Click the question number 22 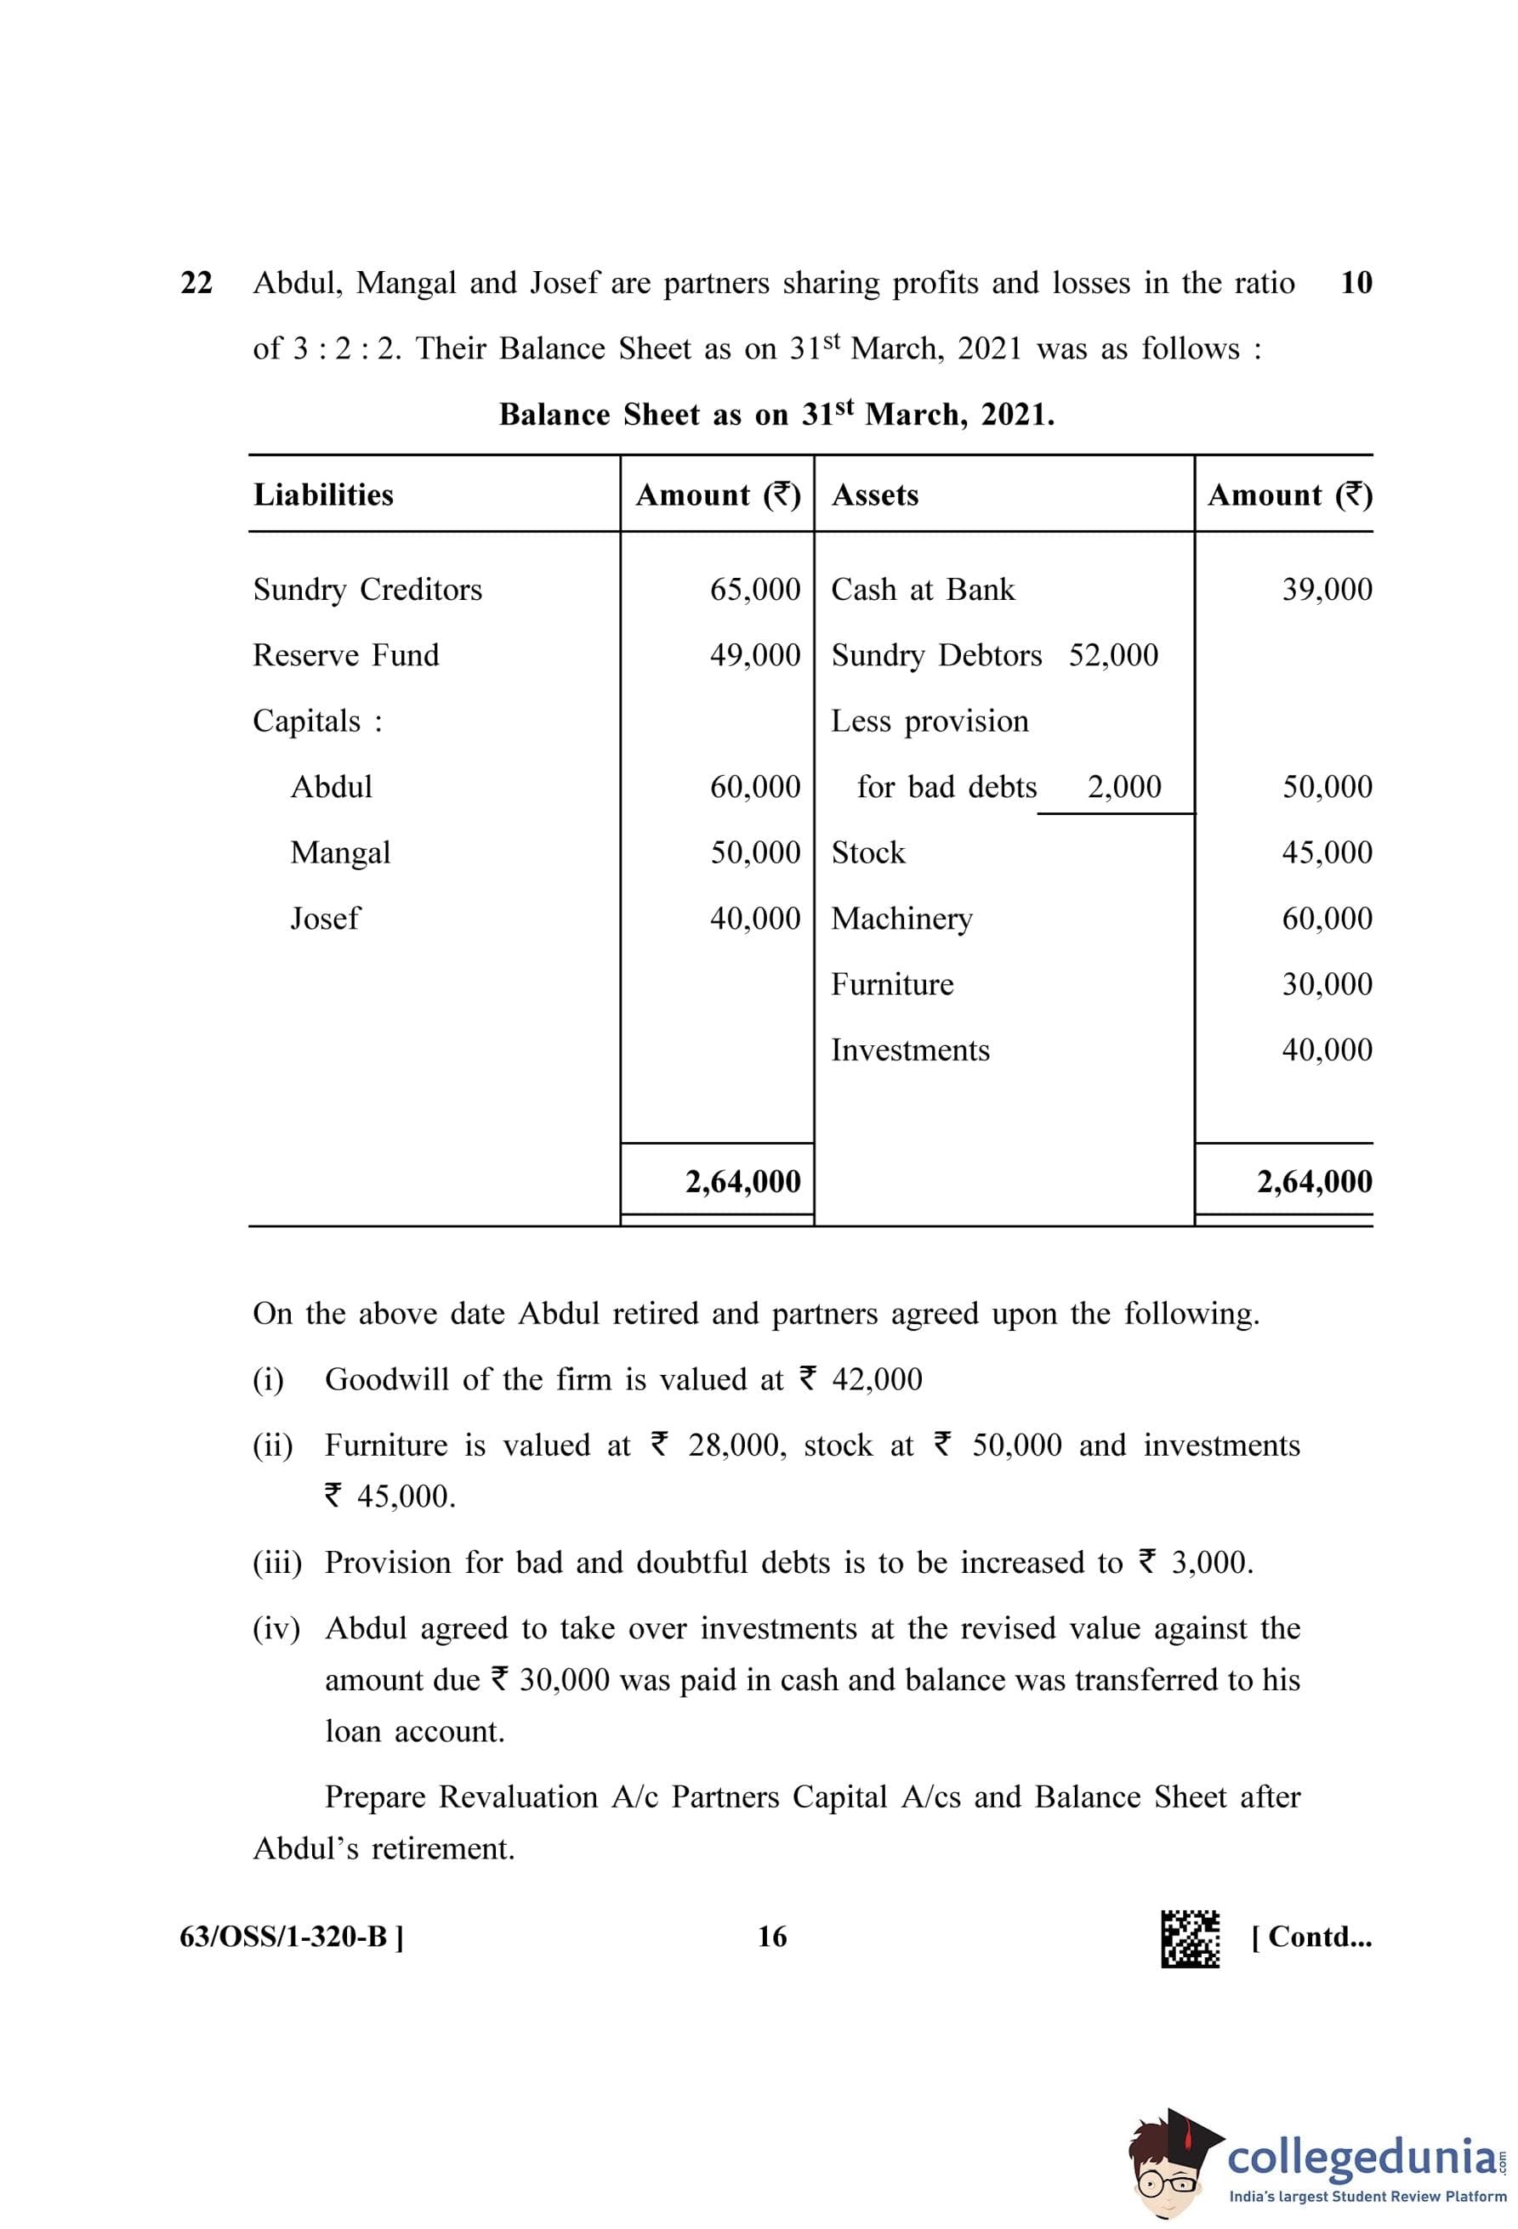(x=196, y=283)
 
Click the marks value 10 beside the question (x=1356, y=283)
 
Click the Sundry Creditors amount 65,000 (x=755, y=589)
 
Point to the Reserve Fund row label (x=345, y=655)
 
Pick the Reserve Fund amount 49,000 (x=755, y=655)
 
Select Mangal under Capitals (x=341, y=852)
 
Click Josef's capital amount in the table (x=755, y=919)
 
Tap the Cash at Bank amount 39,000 (x=1327, y=589)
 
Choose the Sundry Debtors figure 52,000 (x=1113, y=655)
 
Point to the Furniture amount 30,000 (x=1327, y=984)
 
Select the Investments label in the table (x=910, y=1050)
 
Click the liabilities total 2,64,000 (x=742, y=1182)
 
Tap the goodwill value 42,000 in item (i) (x=876, y=1380)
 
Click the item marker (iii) (x=277, y=1564)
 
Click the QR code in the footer (x=1190, y=1938)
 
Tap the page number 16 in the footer (x=771, y=1938)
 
